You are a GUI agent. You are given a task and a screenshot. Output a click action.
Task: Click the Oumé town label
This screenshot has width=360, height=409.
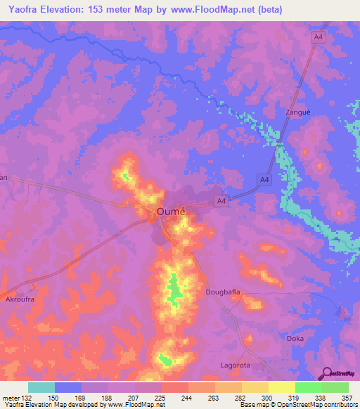tap(170, 212)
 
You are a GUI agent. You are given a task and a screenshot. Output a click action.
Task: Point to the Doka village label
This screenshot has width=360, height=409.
tap(295, 338)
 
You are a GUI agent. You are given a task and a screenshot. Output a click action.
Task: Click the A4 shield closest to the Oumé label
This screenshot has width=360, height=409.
tap(221, 202)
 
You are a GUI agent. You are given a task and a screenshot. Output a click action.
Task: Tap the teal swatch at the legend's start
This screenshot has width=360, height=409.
tap(41, 387)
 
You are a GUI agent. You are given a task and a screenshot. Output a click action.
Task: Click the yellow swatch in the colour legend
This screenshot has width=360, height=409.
tap(281, 387)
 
